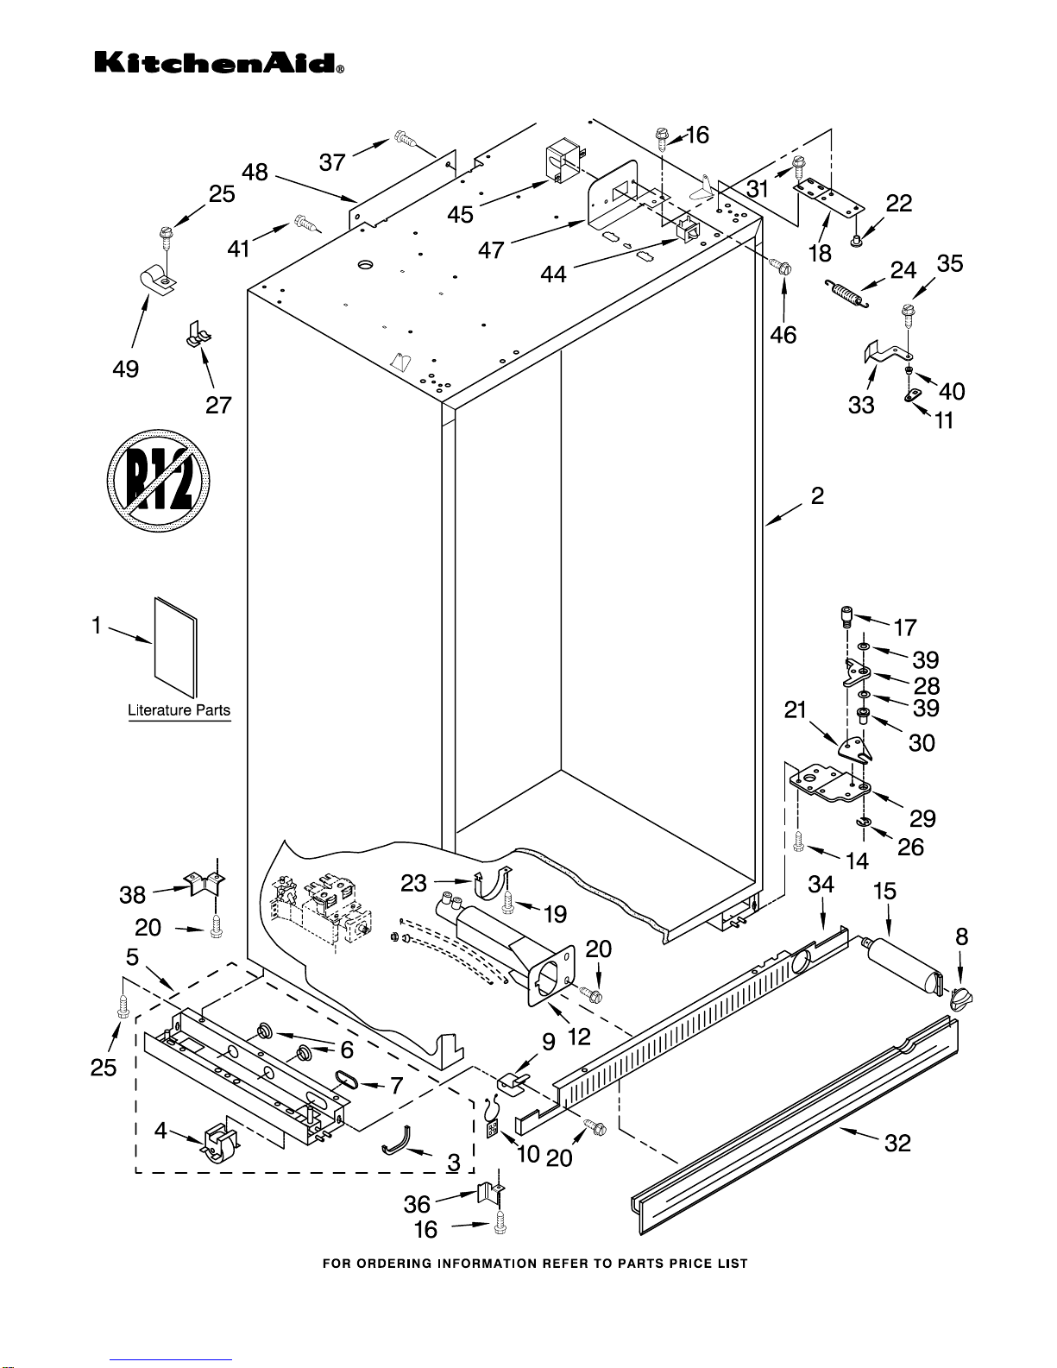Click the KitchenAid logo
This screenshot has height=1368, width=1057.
(219, 63)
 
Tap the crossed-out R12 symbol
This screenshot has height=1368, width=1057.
(158, 481)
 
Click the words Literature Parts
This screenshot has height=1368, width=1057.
(179, 710)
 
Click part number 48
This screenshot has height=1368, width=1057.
(255, 172)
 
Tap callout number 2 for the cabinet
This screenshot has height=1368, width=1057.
(817, 496)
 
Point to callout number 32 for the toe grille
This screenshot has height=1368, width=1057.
(897, 1144)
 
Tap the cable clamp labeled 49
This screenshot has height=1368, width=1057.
(157, 279)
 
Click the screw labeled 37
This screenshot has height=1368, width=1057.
(406, 137)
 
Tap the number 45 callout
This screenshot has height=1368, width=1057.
(460, 215)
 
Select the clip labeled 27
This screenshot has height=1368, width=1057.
(198, 334)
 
